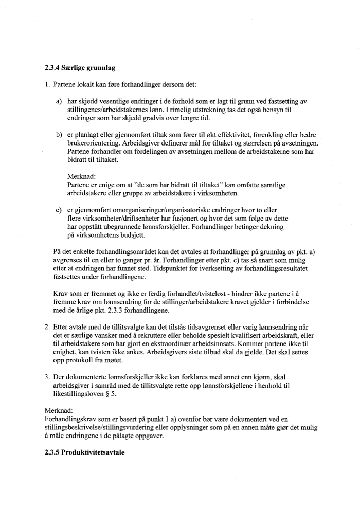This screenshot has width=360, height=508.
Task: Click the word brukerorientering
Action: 93,143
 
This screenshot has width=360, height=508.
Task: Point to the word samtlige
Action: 284,185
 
